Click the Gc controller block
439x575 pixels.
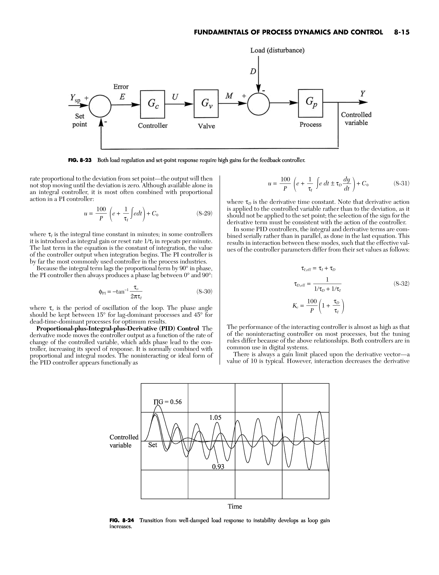[153, 104]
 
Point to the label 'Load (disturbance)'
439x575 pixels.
[277, 50]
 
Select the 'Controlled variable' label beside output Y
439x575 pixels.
[356, 119]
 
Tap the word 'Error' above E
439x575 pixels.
[121, 87]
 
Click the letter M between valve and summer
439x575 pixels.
[229, 96]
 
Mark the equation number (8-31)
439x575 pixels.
[401, 184]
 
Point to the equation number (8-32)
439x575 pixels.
[401, 283]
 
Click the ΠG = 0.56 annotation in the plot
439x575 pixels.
[167, 402]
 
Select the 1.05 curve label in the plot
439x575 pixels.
[215, 418]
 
